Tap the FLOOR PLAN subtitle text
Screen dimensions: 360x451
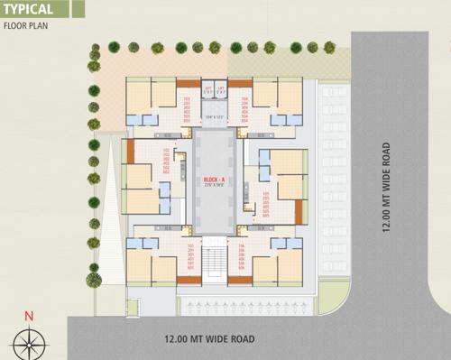click(x=24, y=26)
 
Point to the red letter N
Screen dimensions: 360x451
click(x=29, y=316)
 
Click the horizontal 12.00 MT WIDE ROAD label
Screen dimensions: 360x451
click(x=209, y=339)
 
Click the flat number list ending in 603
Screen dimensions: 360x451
click(x=187, y=108)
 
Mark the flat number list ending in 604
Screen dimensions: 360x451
click(x=244, y=108)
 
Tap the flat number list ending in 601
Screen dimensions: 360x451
click(x=190, y=256)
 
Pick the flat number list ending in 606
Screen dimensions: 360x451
click(x=241, y=256)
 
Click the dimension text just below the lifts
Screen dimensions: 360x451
click(x=215, y=116)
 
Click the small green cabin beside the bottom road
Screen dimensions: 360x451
click(x=133, y=308)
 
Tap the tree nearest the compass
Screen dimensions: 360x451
click(x=92, y=280)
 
